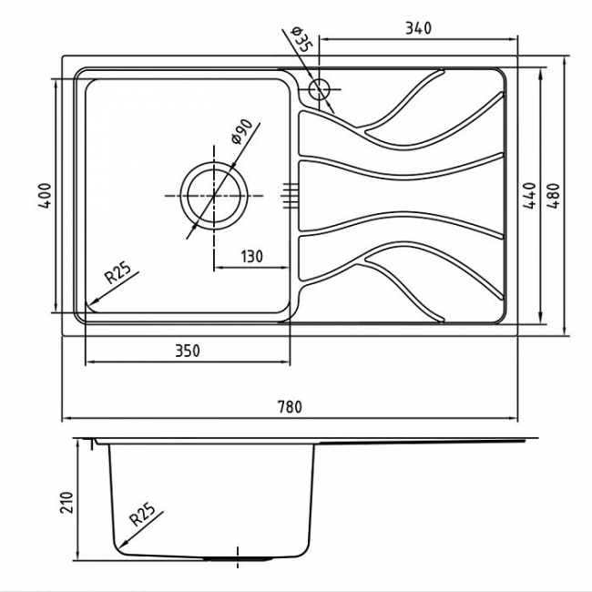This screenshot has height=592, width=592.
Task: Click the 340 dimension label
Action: click(418, 28)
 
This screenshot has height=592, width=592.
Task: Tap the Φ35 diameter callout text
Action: click(301, 40)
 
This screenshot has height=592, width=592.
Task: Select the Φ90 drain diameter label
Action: click(241, 132)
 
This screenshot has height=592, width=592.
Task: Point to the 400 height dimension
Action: click(45, 196)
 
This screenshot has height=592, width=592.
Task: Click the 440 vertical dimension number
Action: click(530, 196)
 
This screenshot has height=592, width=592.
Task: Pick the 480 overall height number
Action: click(554, 196)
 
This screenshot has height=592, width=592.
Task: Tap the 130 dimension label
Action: click(251, 257)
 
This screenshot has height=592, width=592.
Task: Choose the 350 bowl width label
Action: click(188, 352)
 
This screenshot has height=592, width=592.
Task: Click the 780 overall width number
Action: click(290, 407)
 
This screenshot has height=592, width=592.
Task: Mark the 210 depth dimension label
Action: click(66, 502)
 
